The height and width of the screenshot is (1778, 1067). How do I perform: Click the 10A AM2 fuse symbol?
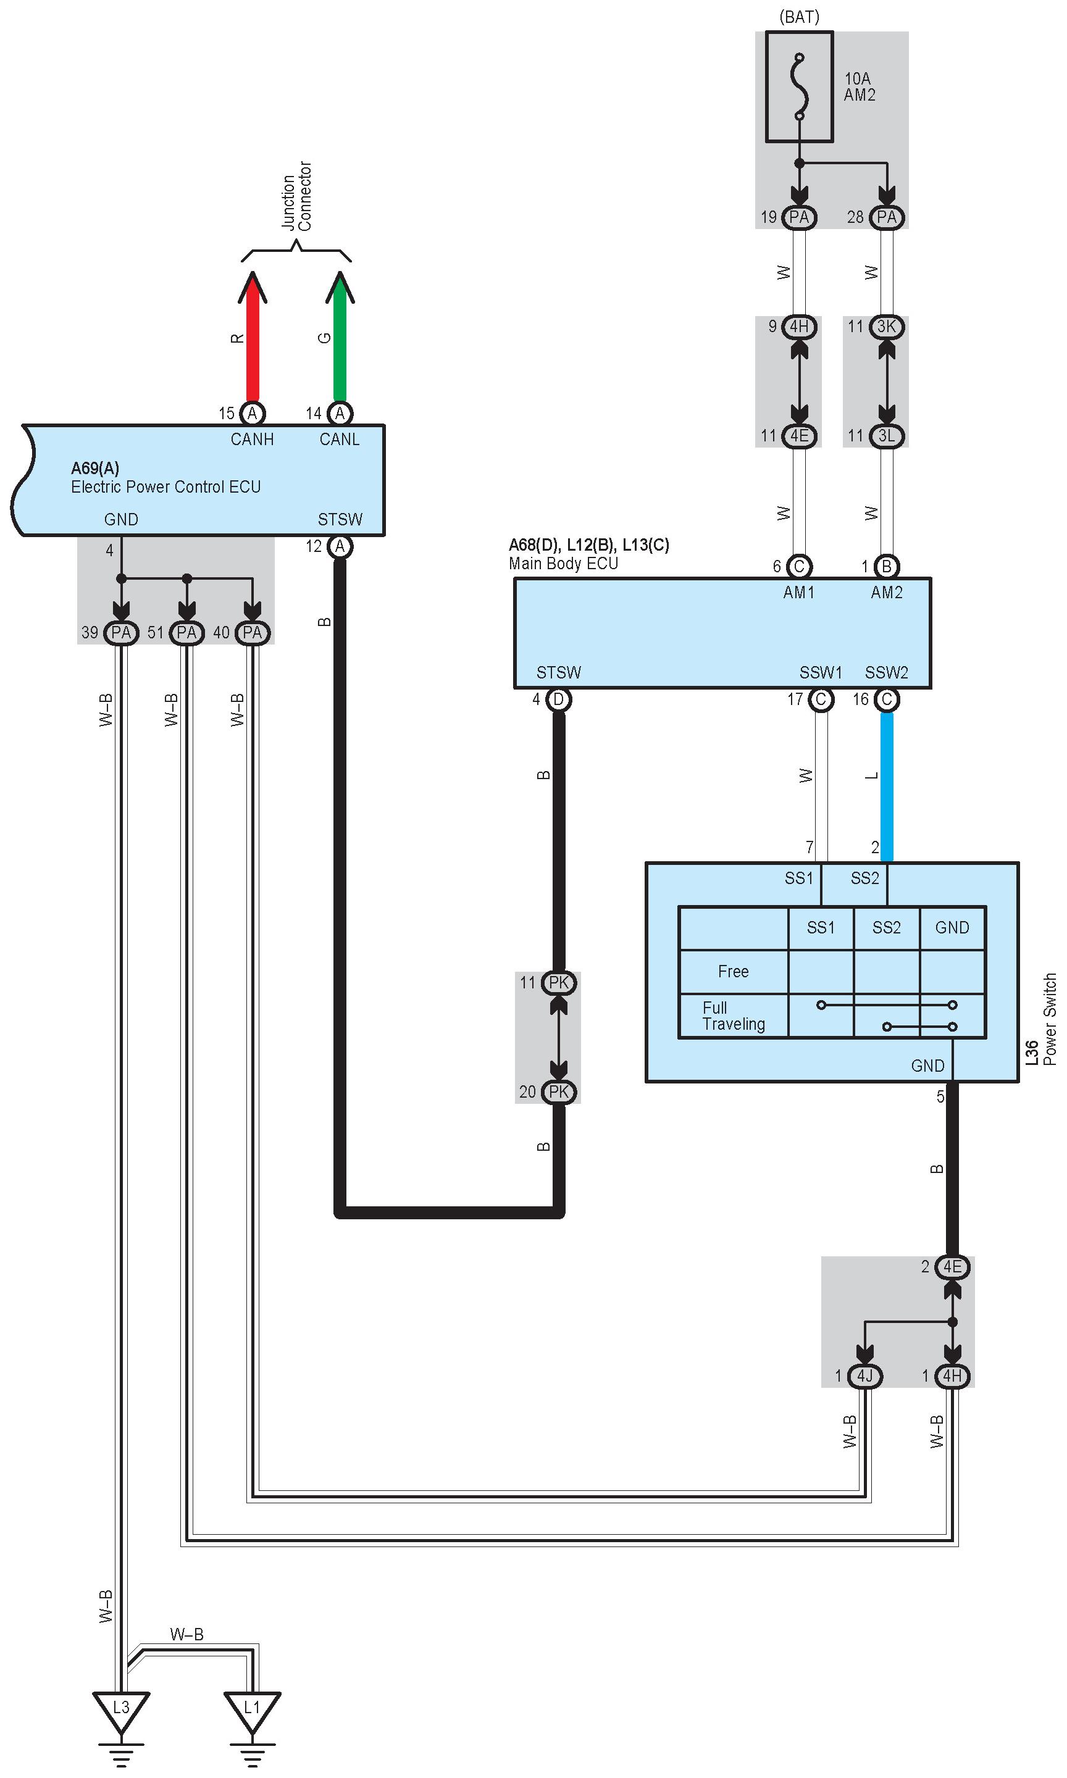click(800, 86)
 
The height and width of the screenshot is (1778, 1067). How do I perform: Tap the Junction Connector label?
click(296, 196)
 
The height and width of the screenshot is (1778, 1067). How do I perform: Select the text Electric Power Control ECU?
click(165, 486)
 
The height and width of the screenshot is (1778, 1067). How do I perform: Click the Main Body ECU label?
click(564, 564)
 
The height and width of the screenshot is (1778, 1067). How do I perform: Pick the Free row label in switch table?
click(734, 972)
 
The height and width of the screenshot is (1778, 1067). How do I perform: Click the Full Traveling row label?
click(734, 1016)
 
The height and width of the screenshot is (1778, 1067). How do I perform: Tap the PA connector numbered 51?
click(187, 632)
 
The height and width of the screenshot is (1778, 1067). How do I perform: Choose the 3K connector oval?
click(887, 327)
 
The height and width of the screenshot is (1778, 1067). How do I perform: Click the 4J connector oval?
click(865, 1375)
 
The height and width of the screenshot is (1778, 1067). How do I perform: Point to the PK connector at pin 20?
click(559, 1091)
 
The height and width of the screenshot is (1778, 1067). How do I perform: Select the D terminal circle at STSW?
click(559, 699)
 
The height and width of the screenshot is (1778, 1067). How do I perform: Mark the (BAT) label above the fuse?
click(800, 17)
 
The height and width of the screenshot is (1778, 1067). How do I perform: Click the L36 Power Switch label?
click(1041, 1019)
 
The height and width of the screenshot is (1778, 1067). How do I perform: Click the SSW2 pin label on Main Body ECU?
click(887, 673)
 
